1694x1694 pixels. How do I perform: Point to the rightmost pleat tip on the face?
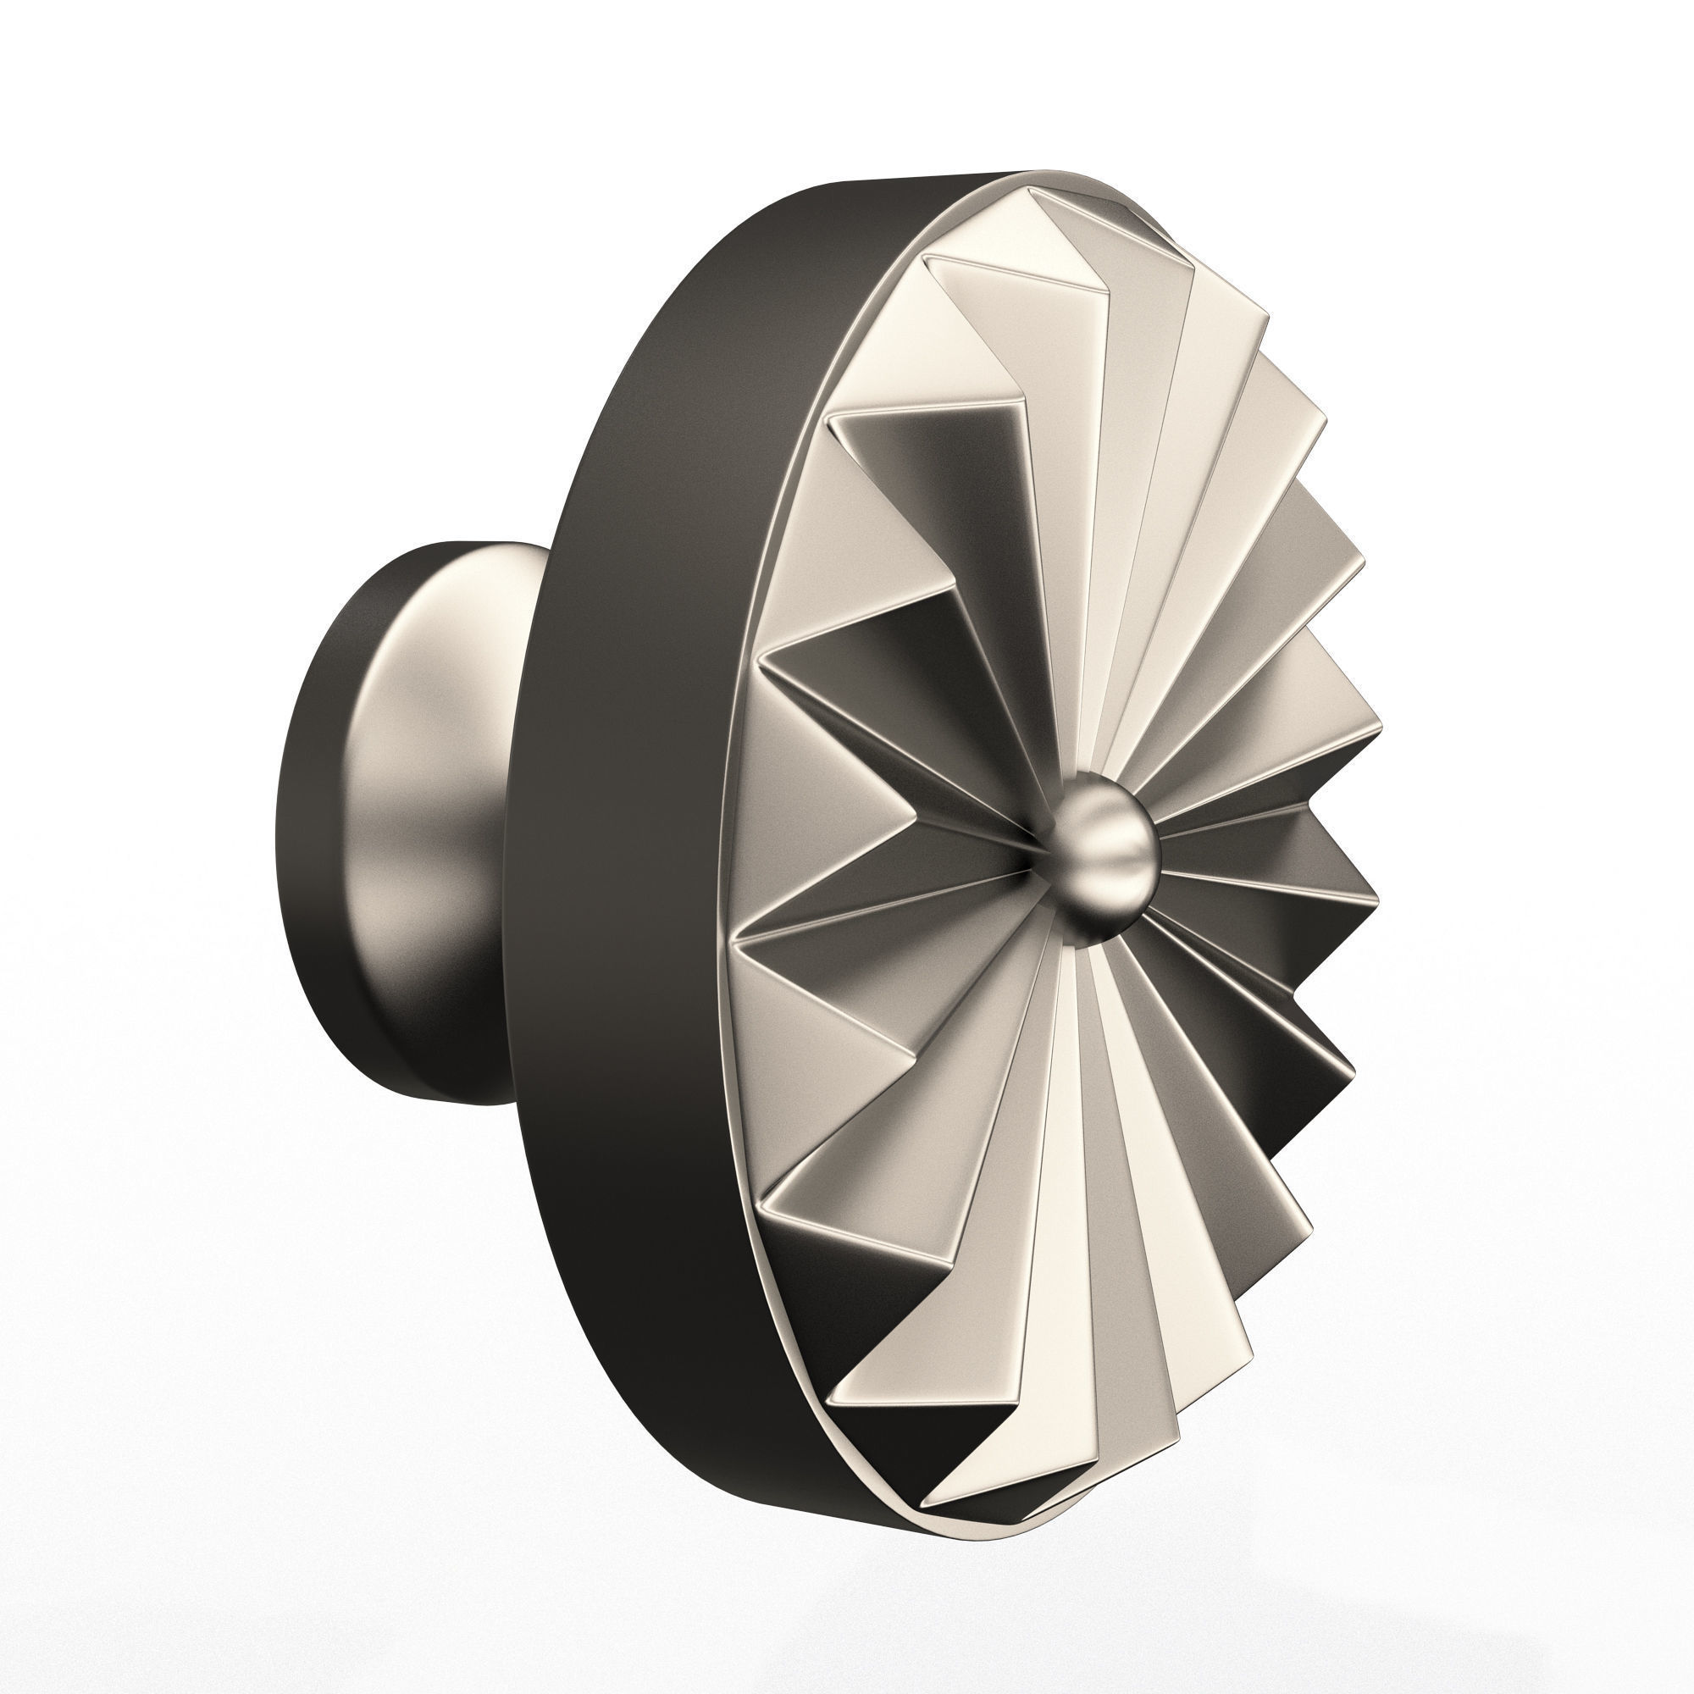tap(1380, 728)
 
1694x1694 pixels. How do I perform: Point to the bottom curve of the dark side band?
tap(789, 1403)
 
